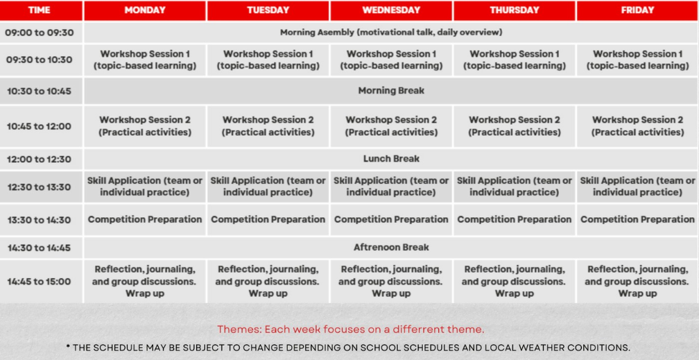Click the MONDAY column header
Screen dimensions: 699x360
(145, 10)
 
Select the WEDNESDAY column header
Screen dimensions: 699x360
(391, 10)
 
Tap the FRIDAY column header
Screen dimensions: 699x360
(637, 10)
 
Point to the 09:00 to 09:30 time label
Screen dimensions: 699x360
(40, 33)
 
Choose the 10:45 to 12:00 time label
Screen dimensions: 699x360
(39, 127)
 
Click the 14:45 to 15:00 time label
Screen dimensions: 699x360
(39, 282)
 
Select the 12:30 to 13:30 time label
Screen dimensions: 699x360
(39, 187)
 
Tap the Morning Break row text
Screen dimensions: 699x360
(391, 91)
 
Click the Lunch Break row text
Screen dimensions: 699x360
(391, 159)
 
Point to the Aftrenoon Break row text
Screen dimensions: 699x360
(391, 247)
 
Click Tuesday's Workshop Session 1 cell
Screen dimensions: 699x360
(268, 60)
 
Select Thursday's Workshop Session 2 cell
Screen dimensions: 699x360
(515, 126)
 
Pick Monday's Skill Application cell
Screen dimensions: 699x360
(145, 187)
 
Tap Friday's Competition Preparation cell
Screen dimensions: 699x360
(637, 219)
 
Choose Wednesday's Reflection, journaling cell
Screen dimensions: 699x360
(391, 282)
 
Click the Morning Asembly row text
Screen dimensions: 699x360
(391, 33)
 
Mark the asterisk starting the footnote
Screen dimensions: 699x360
(68, 347)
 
